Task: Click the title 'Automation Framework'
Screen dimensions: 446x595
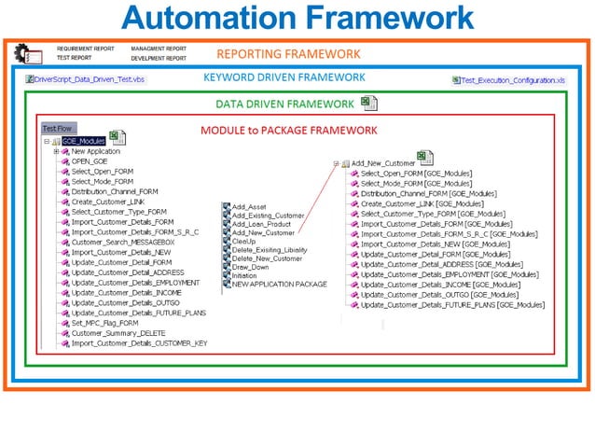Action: point(297,18)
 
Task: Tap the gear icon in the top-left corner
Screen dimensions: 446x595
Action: point(22,53)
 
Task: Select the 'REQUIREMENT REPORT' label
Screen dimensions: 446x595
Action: point(86,49)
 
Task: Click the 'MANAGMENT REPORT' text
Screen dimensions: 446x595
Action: point(158,49)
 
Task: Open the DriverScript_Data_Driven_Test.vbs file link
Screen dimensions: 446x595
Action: point(88,80)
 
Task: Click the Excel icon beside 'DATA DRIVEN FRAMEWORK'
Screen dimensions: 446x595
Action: point(369,103)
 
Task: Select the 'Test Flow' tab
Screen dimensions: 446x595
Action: point(58,128)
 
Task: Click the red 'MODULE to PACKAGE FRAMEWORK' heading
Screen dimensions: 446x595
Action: point(288,131)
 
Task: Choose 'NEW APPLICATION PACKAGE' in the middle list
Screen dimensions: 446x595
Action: point(279,284)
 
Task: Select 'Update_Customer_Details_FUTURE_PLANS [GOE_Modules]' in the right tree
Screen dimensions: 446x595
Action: point(452,305)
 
